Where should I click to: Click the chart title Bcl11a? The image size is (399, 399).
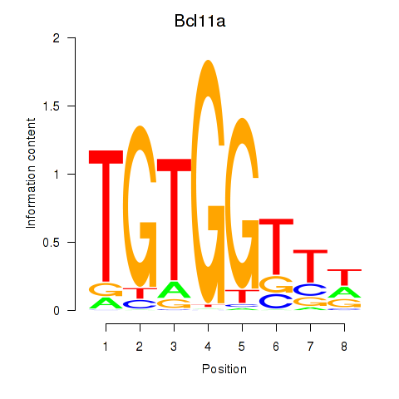click(208, 20)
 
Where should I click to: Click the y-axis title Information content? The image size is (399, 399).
click(31, 174)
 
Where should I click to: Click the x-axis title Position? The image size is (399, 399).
click(208, 368)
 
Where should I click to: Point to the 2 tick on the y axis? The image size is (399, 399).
click(56, 37)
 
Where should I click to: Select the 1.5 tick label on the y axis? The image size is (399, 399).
click(52, 106)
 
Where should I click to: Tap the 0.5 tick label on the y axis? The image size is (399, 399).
click(52, 242)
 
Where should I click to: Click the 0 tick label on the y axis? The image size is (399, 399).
click(56, 310)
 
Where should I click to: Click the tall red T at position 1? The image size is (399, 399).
click(106, 216)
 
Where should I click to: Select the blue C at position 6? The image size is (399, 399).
click(276, 301)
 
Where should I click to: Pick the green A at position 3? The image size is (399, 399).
click(174, 289)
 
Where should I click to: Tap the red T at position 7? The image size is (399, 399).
click(310, 265)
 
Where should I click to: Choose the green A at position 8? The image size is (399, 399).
click(344, 292)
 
